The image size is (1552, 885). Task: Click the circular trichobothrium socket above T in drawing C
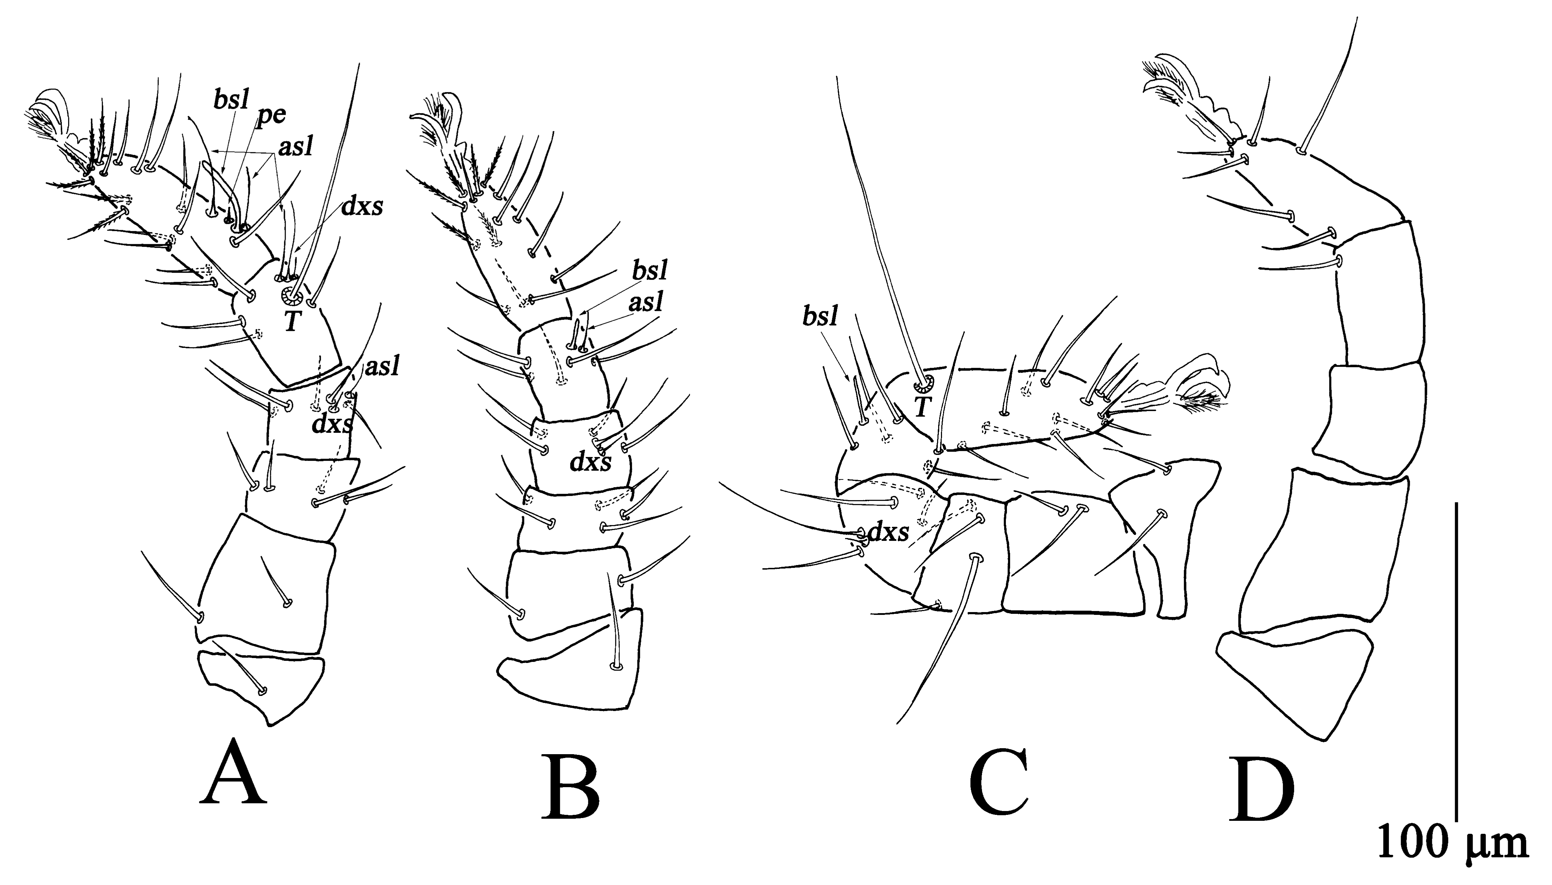click(924, 383)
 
